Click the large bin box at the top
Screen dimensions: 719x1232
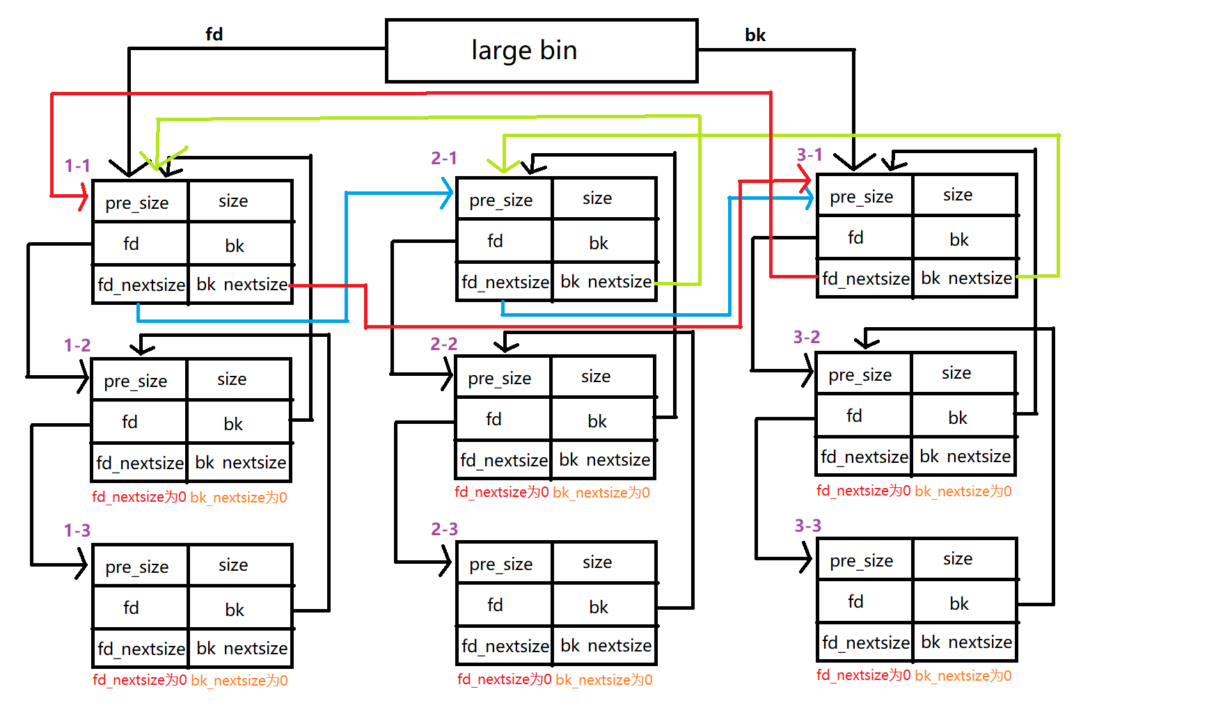click(541, 51)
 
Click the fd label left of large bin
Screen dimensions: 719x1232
click(214, 34)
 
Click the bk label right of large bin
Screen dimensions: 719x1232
click(755, 35)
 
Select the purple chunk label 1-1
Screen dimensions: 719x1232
click(77, 166)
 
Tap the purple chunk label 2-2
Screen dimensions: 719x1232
click(443, 344)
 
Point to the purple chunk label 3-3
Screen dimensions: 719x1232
click(807, 526)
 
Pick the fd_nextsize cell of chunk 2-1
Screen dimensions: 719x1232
click(505, 282)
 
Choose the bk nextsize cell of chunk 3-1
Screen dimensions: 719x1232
click(965, 278)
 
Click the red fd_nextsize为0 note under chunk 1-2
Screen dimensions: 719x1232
click(139, 497)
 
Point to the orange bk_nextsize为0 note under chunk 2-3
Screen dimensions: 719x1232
click(604, 680)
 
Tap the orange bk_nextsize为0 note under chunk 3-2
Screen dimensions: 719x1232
click(963, 491)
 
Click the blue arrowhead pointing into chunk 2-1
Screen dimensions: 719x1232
click(448, 193)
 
